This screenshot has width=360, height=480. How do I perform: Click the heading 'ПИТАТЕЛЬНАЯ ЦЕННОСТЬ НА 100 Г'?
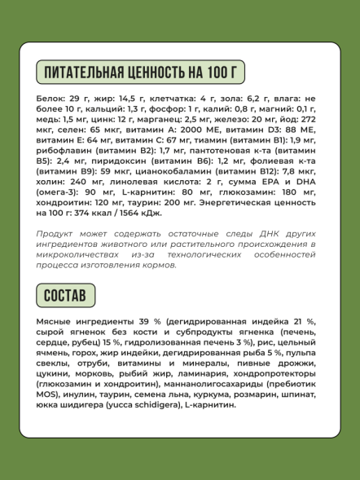pos(141,72)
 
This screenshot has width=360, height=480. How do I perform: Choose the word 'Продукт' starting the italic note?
pos(57,233)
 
